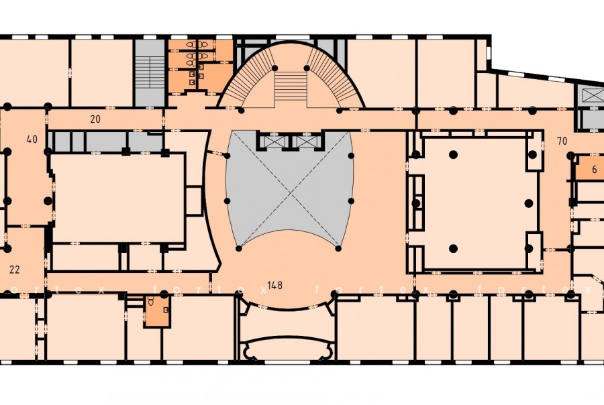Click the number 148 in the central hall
click(274, 286)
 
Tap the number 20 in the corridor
click(95, 119)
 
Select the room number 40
click(32, 139)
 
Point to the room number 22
click(14, 270)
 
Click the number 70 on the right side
click(562, 141)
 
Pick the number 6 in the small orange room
click(595, 170)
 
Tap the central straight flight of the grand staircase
click(291, 86)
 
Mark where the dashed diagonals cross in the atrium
click(290, 191)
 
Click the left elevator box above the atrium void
click(273, 141)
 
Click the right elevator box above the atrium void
click(306, 141)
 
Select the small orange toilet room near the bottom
click(157, 312)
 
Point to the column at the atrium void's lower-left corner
click(239, 249)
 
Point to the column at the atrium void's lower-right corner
click(338, 249)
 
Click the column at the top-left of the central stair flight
click(274, 68)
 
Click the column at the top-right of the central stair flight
click(307, 68)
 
